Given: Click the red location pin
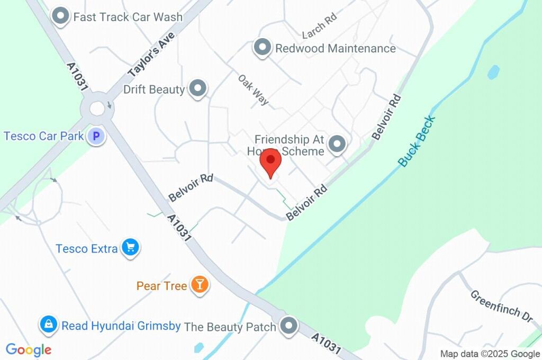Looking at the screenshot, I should [270, 161].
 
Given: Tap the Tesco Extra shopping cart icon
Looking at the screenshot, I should [130, 247].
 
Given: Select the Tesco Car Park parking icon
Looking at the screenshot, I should [96, 137].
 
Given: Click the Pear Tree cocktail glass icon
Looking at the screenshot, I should [200, 285].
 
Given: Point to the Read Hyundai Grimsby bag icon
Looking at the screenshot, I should [48, 325].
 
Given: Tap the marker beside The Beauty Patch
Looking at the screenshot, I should [288, 326].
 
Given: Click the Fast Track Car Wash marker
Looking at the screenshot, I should [61, 16].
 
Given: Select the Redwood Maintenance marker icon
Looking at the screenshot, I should [262, 48].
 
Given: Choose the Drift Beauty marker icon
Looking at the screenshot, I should [197, 88].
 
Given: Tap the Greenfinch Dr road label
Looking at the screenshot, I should [501, 305].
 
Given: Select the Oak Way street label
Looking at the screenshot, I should [253, 89].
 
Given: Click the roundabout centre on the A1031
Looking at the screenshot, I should [97, 109].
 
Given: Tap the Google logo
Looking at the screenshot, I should [29, 350].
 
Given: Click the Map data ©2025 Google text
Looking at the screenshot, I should [490, 354].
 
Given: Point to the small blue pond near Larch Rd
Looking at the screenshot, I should [493, 72].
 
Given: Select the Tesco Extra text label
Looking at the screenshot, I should [86, 248].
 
